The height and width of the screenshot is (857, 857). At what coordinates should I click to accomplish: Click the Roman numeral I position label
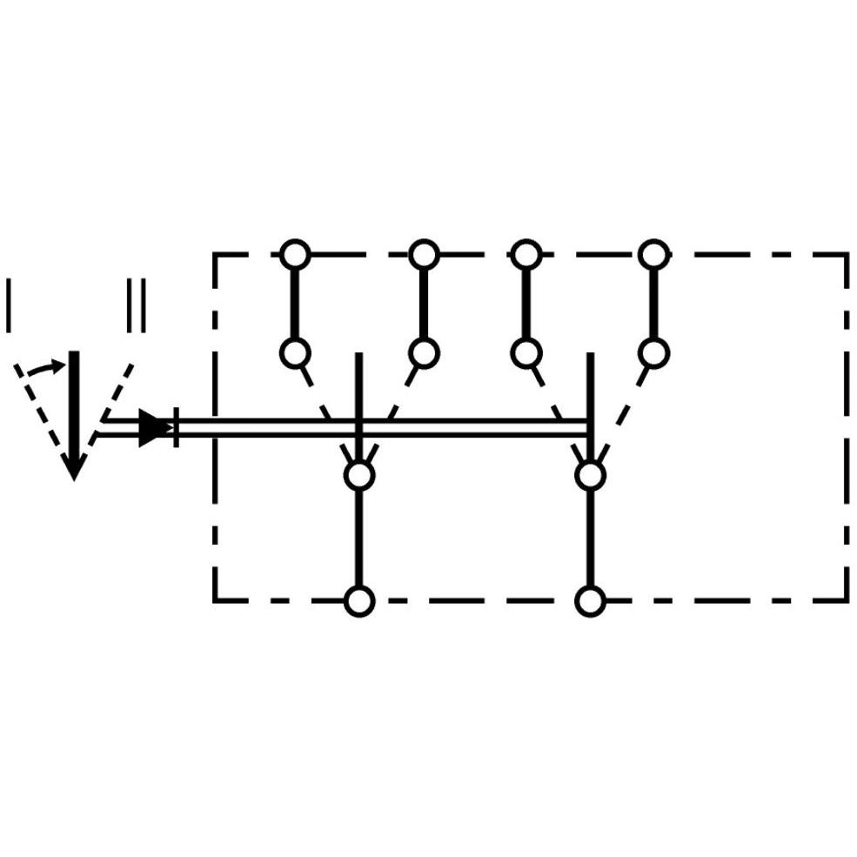point(9,305)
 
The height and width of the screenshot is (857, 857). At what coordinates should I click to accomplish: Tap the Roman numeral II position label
point(136,305)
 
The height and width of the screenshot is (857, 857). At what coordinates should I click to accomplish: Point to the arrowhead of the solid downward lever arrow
point(74,467)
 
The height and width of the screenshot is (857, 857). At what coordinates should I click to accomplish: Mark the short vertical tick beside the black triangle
point(176,427)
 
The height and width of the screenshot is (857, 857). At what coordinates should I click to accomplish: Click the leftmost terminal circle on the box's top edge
point(295,255)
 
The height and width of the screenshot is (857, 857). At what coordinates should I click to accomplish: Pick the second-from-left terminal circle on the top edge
point(424,255)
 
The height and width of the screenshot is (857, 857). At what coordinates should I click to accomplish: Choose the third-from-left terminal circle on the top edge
point(526,255)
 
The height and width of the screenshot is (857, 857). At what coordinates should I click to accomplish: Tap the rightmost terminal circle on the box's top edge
point(654,255)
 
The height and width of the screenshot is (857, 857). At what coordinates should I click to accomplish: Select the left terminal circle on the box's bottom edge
point(359,600)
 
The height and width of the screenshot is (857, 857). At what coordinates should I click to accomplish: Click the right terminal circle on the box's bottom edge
point(590,600)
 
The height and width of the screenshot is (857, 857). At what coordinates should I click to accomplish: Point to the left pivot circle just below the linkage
point(359,476)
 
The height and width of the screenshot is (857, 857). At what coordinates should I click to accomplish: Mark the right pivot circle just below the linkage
point(590,476)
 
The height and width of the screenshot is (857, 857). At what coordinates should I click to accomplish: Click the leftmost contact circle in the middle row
point(295,352)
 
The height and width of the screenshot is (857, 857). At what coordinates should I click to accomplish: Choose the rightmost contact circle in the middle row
point(654,352)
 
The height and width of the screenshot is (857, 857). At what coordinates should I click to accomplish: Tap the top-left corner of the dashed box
point(216,255)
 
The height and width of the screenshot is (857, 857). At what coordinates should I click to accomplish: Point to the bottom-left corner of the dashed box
point(216,600)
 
